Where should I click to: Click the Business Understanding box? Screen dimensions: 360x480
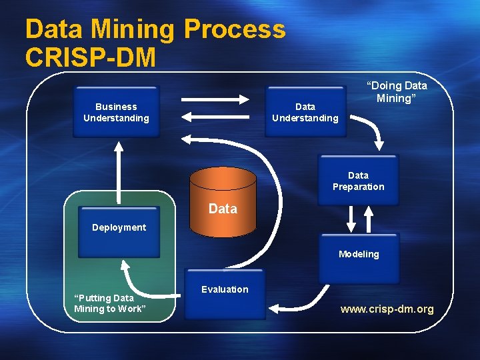click(116, 111)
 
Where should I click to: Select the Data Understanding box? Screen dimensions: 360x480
click(305, 111)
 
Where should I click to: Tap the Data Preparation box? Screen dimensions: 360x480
click(358, 181)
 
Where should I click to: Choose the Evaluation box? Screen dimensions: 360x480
click(224, 294)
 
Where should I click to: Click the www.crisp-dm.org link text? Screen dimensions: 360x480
click(387, 309)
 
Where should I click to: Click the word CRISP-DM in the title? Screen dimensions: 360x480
click(91, 57)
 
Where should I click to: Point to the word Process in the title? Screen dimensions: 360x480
click(234, 29)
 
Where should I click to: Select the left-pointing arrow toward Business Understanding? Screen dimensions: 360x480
click(214, 117)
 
